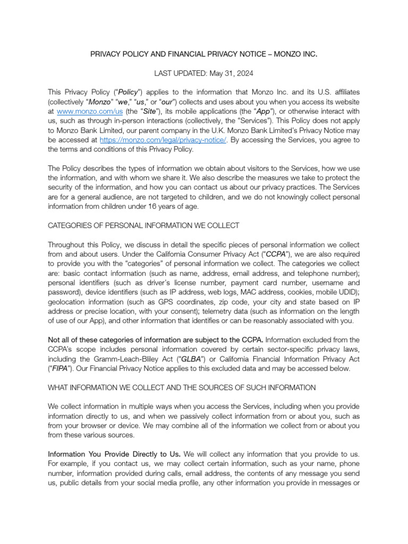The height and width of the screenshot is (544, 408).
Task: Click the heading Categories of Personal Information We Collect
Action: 143,226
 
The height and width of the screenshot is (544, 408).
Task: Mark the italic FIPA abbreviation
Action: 60,369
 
